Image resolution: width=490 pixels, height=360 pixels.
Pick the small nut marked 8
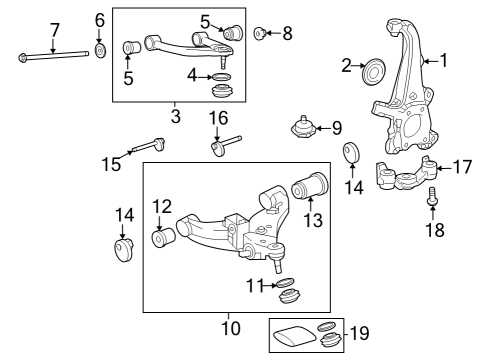point(259,34)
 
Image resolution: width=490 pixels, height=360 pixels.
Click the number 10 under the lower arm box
point(230,327)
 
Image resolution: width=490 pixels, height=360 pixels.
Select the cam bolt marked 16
point(226,148)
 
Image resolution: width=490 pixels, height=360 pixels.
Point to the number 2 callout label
point(347,67)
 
